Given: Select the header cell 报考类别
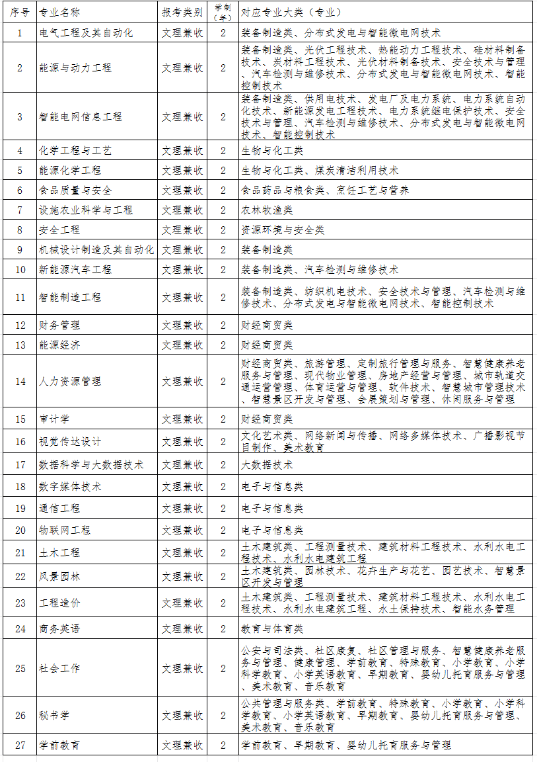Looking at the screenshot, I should [x=182, y=13].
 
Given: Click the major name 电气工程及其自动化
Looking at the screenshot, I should [x=86, y=32].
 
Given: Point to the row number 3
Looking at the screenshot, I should [x=20, y=116].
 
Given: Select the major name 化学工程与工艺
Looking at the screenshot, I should [x=75, y=150].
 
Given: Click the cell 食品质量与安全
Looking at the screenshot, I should [x=75, y=190].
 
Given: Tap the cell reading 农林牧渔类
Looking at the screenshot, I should [x=267, y=210].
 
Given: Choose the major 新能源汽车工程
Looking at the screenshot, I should [x=75, y=269].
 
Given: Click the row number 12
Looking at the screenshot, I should [x=20, y=325].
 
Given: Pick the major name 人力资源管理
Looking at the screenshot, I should [x=70, y=381].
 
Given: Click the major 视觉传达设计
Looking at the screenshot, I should [x=70, y=441].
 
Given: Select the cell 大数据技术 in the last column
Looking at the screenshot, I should [x=267, y=464].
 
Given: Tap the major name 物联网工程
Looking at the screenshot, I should [x=65, y=530].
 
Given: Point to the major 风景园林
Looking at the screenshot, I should [x=59, y=576].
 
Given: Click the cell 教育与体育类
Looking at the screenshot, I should [x=272, y=628].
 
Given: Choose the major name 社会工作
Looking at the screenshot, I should [x=59, y=668].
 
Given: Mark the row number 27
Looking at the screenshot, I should [x=20, y=745].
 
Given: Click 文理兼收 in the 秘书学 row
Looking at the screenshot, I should [x=182, y=715].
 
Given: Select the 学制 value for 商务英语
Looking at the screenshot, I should [x=223, y=628].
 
